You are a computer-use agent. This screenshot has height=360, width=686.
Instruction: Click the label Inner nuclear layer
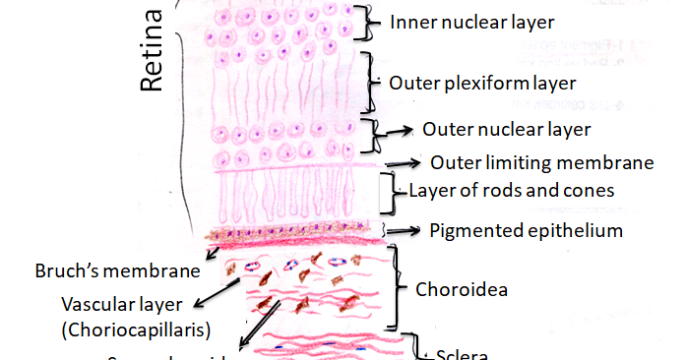(x=459, y=21)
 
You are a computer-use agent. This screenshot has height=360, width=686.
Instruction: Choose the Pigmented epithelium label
(x=526, y=231)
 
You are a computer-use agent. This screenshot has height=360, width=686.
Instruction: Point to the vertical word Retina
(x=150, y=52)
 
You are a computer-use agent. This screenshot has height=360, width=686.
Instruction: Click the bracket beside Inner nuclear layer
(x=369, y=22)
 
